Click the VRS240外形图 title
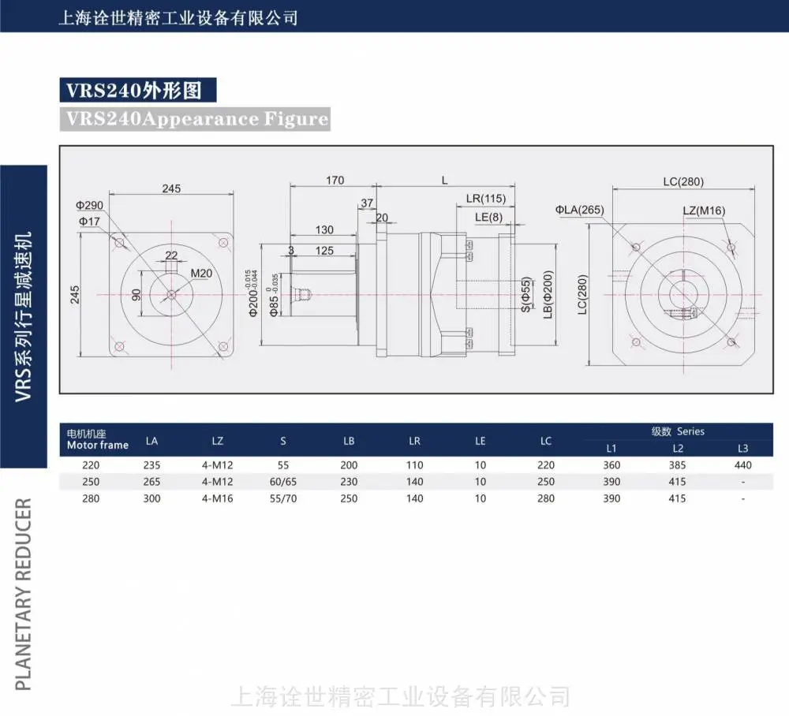(134, 91)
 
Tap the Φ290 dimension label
(89, 206)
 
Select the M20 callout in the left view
(201, 274)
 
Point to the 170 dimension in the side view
(335, 180)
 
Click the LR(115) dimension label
(485, 199)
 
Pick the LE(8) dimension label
(488, 217)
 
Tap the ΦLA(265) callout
(580, 210)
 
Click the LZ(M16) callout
(704, 211)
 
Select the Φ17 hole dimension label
(89, 222)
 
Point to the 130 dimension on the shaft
(324, 229)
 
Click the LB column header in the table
(349, 441)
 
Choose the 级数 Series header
(678, 431)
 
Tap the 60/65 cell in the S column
(282, 482)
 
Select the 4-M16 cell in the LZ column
(218, 499)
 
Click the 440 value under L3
(742, 465)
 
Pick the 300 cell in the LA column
(151, 499)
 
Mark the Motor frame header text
(98, 445)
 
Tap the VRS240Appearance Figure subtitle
(196, 119)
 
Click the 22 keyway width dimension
(171, 255)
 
